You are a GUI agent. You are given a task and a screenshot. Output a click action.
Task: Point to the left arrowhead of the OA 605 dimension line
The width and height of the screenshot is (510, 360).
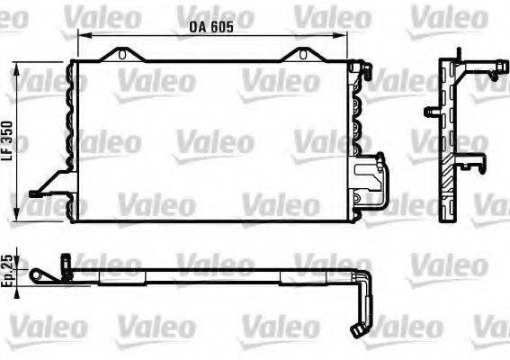[x=82, y=37]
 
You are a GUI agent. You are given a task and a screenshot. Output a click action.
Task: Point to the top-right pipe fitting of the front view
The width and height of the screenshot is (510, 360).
[x=362, y=67]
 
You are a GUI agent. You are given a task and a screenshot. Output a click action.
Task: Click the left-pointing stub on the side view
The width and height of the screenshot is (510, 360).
[x=431, y=112]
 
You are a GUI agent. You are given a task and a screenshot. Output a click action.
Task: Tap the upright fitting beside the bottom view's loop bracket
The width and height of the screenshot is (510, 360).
[x=66, y=263]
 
